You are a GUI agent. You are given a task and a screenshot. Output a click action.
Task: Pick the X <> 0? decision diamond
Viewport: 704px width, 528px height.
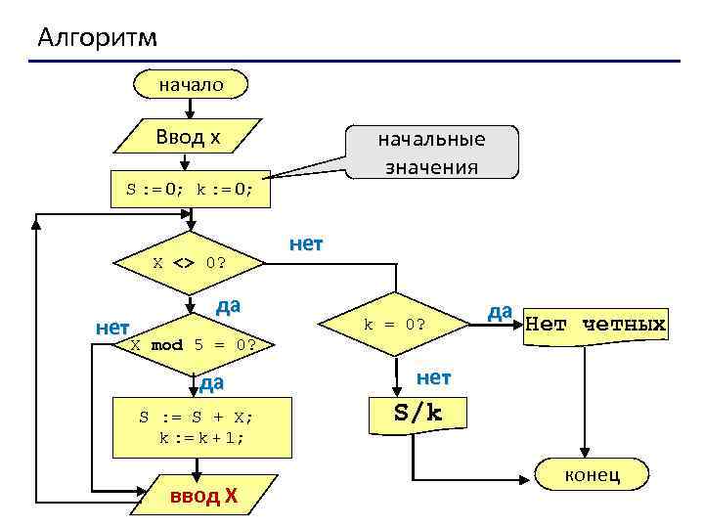coord(190,263)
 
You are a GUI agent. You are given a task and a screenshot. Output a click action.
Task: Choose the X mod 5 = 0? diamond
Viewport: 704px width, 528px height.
coord(194,344)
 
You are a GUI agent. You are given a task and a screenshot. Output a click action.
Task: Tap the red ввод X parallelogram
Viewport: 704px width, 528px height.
coord(202,496)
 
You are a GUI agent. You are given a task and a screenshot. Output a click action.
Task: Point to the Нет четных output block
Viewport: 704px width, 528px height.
coord(595,324)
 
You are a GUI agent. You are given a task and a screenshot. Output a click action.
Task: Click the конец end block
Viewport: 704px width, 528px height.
coord(593,475)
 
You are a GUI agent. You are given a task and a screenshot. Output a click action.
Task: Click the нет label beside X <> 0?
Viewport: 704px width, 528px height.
coord(305,243)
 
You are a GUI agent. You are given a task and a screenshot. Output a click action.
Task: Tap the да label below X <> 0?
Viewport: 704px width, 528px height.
coord(227,304)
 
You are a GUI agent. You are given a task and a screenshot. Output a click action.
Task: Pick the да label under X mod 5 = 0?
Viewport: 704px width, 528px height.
coord(211,381)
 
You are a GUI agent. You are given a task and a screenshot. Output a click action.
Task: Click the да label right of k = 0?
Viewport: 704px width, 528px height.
coord(500,311)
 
